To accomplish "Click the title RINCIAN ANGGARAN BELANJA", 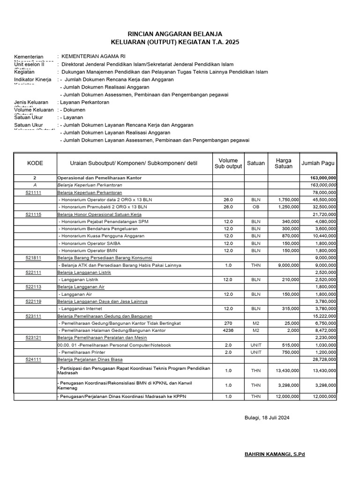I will tap(175, 34).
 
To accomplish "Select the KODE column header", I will tap(35, 163).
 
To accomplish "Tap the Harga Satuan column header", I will tap(283, 163).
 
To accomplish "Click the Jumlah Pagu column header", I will tap(318, 163).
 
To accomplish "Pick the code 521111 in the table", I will tap(35, 192).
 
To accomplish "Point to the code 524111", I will tap(35, 359).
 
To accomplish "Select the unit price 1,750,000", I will tap(288, 199).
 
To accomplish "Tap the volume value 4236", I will tap(228, 330).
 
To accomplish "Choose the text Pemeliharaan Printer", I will tap(80, 352).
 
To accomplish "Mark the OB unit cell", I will tap(255, 206).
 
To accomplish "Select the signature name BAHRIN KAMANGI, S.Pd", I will tap(275, 455).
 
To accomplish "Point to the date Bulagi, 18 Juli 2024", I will tap(267, 418).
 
